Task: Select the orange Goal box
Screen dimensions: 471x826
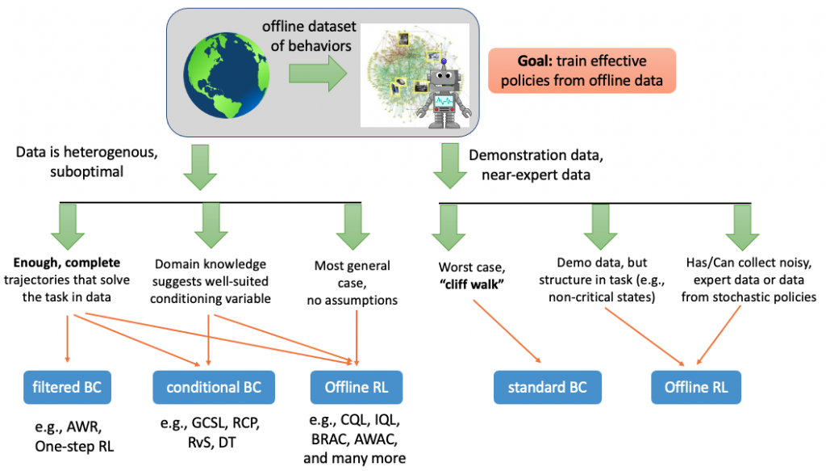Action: pyautogui.click(x=581, y=71)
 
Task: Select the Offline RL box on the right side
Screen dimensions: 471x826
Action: pyautogui.click(x=696, y=387)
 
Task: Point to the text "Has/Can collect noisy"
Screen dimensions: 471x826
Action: pyautogui.click(x=731, y=263)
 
